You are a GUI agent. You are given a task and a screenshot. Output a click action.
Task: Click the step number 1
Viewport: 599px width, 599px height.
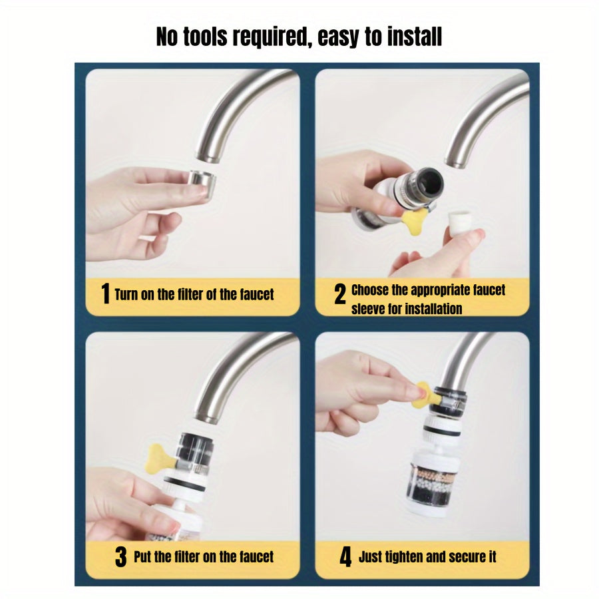click(x=104, y=294)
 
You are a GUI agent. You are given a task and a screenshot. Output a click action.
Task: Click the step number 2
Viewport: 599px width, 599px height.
click(x=339, y=294)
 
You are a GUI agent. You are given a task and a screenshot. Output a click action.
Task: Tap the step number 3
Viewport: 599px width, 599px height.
click(x=120, y=557)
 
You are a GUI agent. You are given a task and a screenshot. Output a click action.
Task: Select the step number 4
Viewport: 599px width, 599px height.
click(x=345, y=557)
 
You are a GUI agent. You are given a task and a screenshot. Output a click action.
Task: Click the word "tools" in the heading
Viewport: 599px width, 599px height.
click(x=210, y=37)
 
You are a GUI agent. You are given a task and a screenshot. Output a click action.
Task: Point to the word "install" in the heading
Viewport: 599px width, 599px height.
click(x=410, y=37)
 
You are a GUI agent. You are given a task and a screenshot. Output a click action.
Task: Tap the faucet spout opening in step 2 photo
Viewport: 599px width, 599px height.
click(x=455, y=162)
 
